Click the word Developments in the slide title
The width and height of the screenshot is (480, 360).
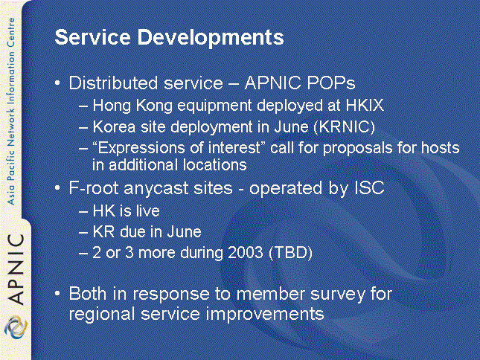(211, 38)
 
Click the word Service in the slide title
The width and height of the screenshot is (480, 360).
(93, 37)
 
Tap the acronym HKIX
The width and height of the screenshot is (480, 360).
(365, 105)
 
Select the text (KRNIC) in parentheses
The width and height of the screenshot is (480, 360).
(344, 126)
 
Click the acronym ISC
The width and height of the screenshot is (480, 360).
(369, 187)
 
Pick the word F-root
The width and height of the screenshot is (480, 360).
(94, 187)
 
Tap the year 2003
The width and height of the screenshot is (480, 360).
(246, 253)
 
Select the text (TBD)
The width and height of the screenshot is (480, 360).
(290, 253)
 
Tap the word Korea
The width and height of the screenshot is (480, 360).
(114, 126)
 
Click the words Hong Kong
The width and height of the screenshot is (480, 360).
(132, 106)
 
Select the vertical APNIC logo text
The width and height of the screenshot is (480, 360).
(16, 269)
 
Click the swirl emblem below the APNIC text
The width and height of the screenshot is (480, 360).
(16, 327)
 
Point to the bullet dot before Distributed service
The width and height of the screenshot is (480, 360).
(57, 83)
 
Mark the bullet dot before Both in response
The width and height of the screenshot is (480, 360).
(57, 294)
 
